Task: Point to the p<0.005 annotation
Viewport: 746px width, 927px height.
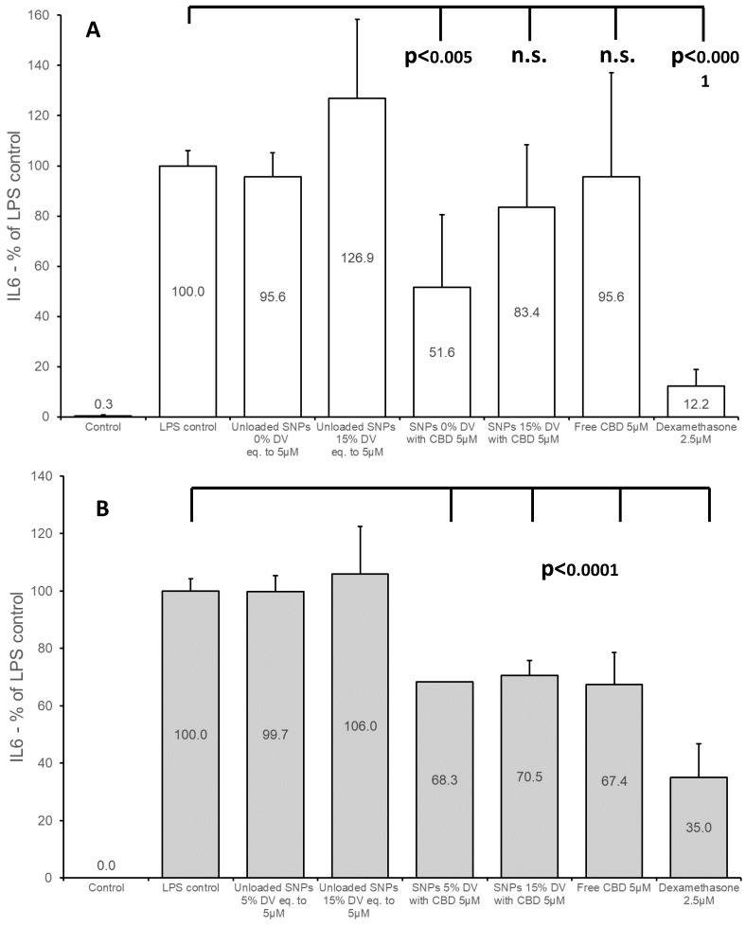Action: pos(439,57)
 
